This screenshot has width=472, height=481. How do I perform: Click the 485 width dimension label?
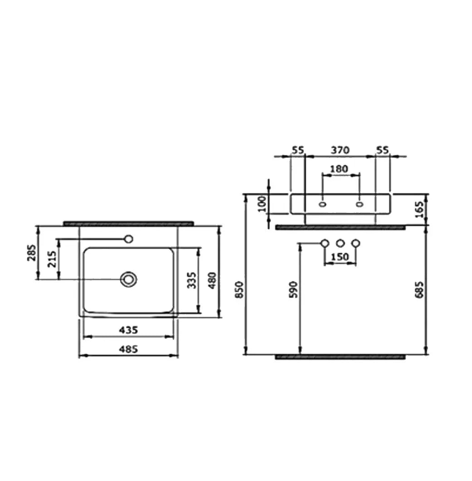[x=128, y=349]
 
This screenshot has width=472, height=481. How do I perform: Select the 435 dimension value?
[x=128, y=330]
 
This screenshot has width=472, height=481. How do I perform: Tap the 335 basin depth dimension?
[x=192, y=280]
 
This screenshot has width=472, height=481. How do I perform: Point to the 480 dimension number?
[x=212, y=280]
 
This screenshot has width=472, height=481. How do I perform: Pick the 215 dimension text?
[x=52, y=259]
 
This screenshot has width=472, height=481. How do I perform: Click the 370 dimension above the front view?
[x=340, y=150]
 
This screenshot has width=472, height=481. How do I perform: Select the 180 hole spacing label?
[x=339, y=169]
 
